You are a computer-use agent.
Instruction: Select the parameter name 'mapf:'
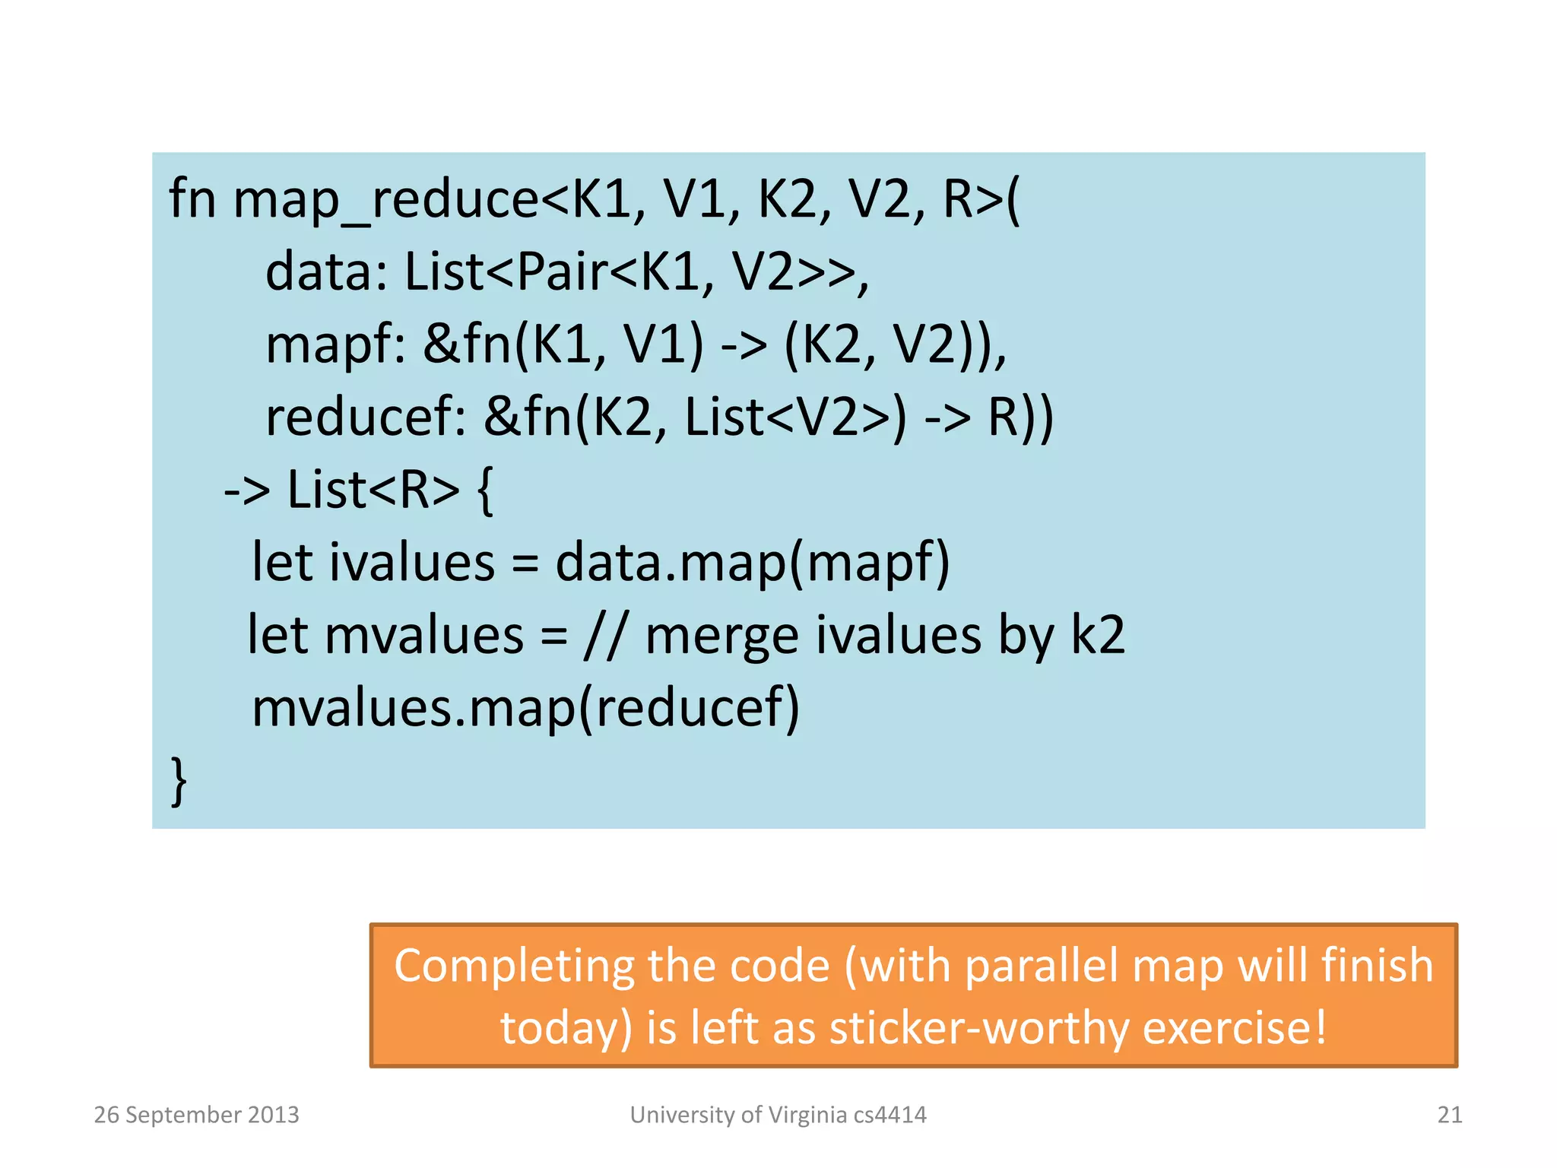[x=335, y=346]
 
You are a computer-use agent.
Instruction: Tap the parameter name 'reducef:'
[x=365, y=417]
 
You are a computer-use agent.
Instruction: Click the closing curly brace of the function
[x=179, y=780]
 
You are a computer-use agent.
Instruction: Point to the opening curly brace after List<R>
[x=485, y=490]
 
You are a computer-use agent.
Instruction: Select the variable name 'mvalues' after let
[x=424, y=635]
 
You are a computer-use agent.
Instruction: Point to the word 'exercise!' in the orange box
[x=1235, y=1029]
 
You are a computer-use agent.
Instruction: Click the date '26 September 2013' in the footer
[x=196, y=1115]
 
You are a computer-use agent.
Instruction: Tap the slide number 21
[x=1449, y=1115]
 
